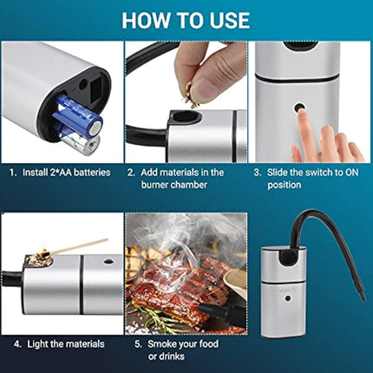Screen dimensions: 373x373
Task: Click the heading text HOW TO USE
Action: click(186, 19)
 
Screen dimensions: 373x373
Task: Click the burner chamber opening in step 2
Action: click(185, 116)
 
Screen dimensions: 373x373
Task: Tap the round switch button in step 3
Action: click(300, 110)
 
